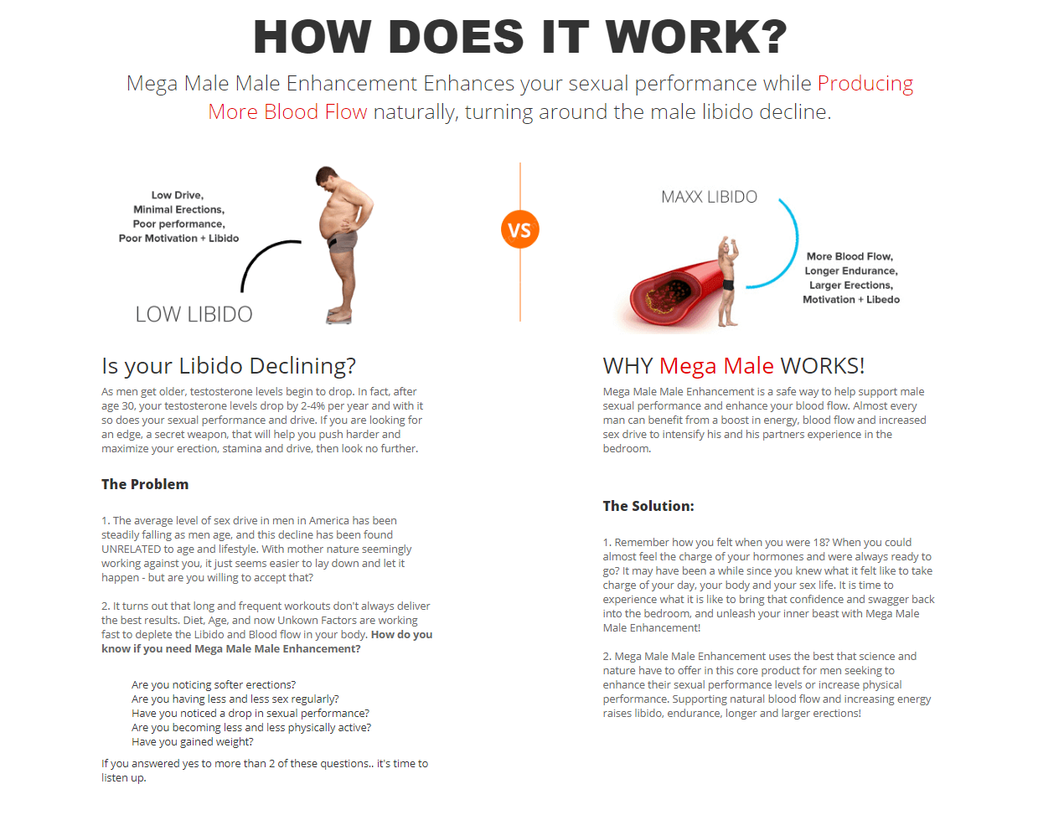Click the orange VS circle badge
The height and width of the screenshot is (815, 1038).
[x=519, y=230]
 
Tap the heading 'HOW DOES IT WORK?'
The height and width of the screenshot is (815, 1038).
[x=520, y=37]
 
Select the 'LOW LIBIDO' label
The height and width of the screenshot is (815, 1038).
[x=194, y=314]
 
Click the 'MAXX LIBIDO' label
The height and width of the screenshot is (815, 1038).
[x=709, y=197]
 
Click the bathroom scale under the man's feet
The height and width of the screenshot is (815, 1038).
[x=339, y=317]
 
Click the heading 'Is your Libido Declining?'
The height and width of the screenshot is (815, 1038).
[x=229, y=366]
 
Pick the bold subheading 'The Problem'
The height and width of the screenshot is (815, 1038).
[x=145, y=484]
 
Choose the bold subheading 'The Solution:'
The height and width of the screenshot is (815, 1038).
[x=648, y=506]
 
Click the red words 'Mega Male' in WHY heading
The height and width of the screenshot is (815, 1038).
[x=716, y=366]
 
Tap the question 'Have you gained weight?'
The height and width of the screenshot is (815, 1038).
[x=192, y=742]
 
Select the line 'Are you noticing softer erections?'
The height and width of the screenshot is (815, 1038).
[x=214, y=685]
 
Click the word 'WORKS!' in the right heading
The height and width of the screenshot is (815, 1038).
[x=822, y=366]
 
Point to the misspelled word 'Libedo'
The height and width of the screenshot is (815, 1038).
[x=883, y=300]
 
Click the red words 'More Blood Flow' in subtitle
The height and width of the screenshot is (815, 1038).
[x=287, y=112]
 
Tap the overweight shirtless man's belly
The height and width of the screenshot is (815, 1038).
[x=333, y=222]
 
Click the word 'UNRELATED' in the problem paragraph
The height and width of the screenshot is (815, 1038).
[x=132, y=549]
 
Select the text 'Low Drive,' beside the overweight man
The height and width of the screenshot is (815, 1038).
[x=178, y=195]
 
